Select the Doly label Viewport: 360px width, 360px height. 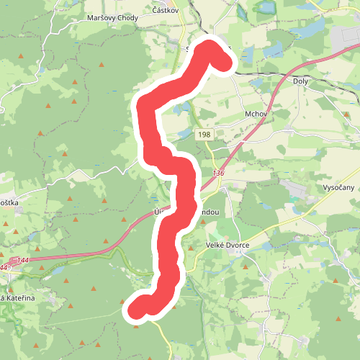(x=301, y=81)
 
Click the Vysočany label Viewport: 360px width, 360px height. (x=336, y=187)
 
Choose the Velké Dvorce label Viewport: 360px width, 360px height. (x=227, y=245)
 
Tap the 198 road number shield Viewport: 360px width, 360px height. (x=205, y=135)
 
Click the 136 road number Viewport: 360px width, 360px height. (x=219, y=174)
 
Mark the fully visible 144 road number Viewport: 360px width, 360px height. (x=22, y=260)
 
